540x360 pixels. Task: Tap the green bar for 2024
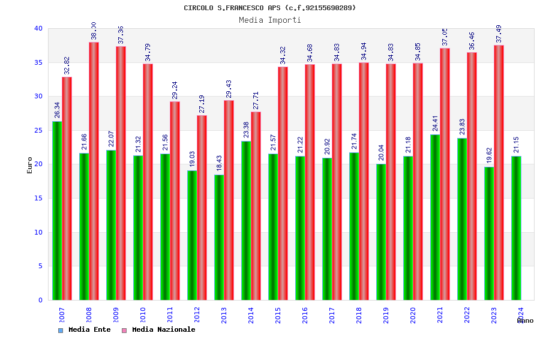point(516,228)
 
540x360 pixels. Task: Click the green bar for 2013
point(219,237)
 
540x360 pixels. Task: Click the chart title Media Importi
point(270,20)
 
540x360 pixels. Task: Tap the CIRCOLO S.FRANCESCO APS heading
point(270,8)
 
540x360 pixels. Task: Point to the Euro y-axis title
point(30,165)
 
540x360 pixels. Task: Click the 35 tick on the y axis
point(38,62)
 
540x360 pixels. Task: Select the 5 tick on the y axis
point(40,266)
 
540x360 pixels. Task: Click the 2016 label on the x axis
point(305,315)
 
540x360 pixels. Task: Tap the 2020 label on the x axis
point(413,315)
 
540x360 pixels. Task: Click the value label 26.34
point(58,110)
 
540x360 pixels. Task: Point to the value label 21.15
point(517,145)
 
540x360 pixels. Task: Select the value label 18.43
point(220,163)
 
